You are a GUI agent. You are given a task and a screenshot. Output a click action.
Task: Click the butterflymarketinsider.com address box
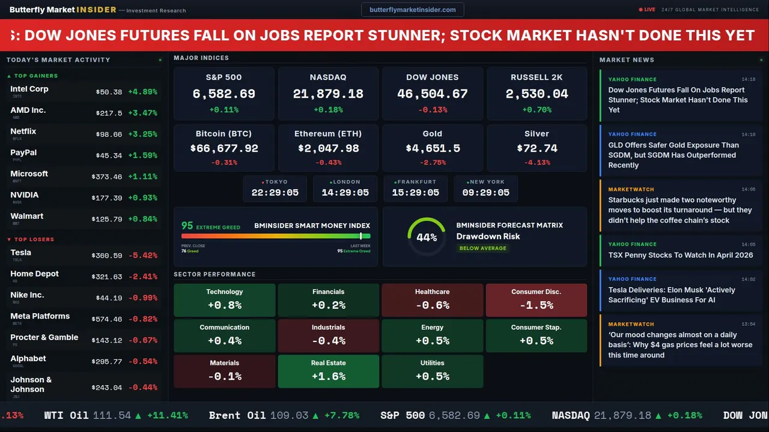coord(412,10)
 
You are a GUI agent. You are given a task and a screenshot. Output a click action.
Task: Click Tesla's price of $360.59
coord(108,256)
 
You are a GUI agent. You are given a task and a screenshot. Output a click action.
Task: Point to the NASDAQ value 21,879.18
coord(328,94)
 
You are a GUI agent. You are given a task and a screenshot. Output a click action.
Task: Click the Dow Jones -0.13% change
coord(433,110)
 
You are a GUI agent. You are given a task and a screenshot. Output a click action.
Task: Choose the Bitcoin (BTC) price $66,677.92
coord(224,148)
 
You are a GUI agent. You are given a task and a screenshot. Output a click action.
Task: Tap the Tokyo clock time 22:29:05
coord(275,193)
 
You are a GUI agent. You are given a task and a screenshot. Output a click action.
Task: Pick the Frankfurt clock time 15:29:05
coord(416,193)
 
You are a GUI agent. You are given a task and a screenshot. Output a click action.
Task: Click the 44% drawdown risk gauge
coord(427,237)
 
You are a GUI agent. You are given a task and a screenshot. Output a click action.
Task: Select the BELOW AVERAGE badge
coord(483,248)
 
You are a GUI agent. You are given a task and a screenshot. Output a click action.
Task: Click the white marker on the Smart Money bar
coord(360,236)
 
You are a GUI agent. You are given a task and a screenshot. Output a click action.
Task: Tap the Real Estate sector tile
coord(329,371)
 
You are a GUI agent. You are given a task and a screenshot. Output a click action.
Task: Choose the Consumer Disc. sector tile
coord(536,299)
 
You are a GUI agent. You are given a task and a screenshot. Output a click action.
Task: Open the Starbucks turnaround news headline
coord(680,210)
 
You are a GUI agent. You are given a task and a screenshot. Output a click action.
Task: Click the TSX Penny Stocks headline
coord(680,255)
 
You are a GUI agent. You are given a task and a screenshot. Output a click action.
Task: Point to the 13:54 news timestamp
coord(748,324)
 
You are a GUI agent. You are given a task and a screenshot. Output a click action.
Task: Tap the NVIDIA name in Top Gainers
coord(25,195)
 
